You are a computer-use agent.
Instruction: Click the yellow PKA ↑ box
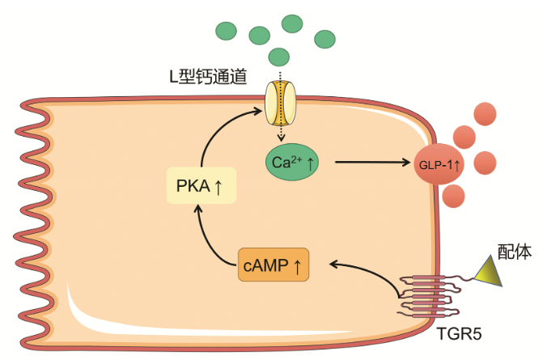(x=200, y=187)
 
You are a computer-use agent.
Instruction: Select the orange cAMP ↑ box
(x=273, y=265)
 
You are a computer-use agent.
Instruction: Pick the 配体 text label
(x=514, y=252)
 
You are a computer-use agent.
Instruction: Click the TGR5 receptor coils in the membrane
(x=425, y=295)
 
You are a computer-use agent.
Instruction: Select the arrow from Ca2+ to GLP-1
(x=372, y=163)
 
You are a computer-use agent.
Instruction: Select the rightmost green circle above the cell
(x=324, y=38)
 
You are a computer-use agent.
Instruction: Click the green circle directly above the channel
(x=279, y=57)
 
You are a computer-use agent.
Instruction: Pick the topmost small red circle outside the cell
(x=486, y=114)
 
